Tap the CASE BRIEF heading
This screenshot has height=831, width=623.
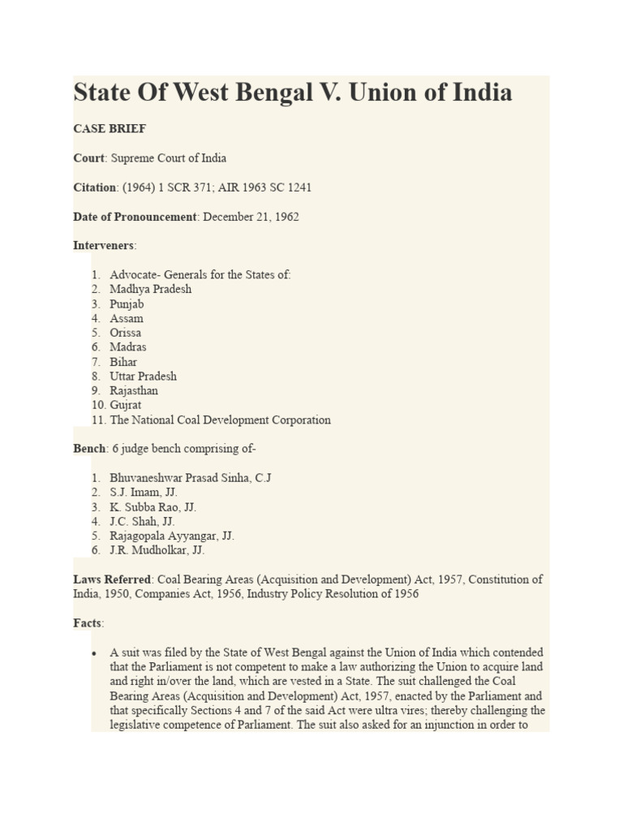pos(110,129)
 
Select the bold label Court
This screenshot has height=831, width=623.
pos(89,158)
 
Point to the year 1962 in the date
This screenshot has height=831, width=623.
pos(286,217)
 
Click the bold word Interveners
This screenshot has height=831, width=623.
pos(105,246)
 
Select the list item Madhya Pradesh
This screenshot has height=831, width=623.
pos(151,289)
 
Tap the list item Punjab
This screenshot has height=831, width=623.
pos(127,304)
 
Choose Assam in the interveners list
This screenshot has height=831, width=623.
pos(127,318)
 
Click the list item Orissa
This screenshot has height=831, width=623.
pos(126,333)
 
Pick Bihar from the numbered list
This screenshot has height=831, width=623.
pos(123,362)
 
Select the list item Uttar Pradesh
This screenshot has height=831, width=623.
pos(144,377)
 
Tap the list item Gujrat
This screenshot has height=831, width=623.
pos(126,405)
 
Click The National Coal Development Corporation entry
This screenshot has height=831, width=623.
pos(220,420)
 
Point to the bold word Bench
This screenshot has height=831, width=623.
pos(89,449)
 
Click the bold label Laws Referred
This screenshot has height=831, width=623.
pos(112,580)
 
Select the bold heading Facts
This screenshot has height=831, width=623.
pos(88,623)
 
